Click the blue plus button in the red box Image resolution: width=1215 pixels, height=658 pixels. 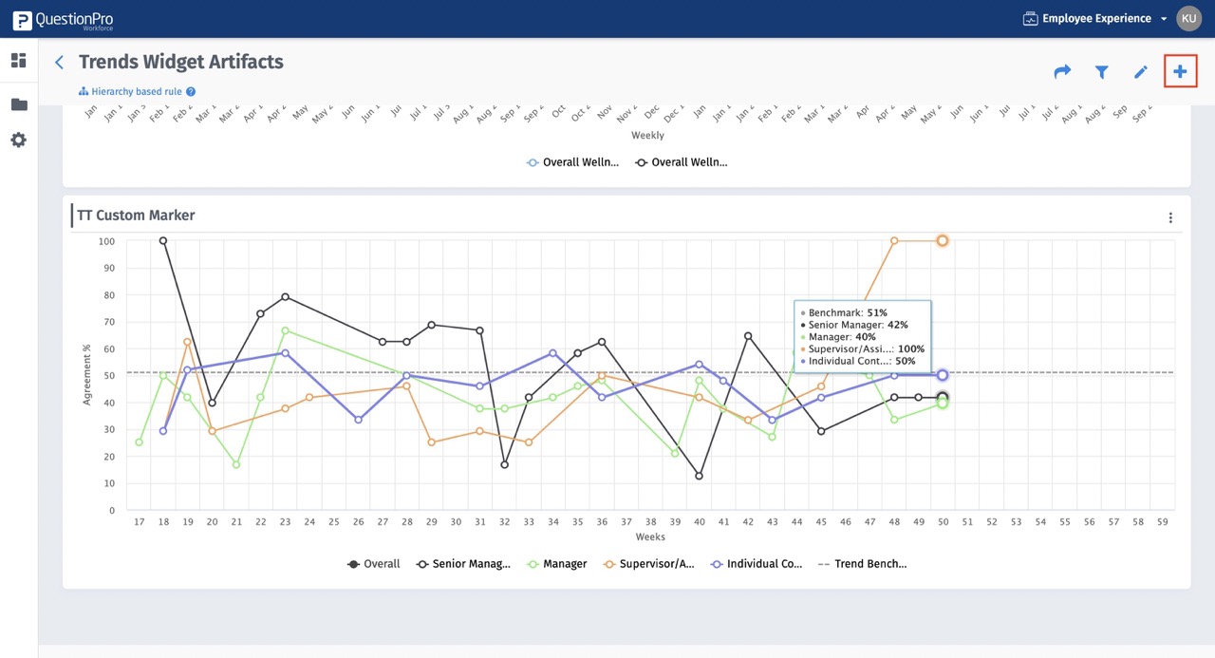(1180, 71)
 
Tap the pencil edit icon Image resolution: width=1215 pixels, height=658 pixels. (1141, 72)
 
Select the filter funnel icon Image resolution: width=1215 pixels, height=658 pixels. (1101, 72)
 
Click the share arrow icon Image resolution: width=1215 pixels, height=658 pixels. (1062, 72)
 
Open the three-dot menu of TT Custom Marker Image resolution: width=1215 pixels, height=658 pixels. (1170, 217)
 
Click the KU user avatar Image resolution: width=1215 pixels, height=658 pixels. (1188, 18)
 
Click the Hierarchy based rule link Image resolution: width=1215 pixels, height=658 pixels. (137, 92)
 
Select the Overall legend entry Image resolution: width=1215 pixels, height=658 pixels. (373, 564)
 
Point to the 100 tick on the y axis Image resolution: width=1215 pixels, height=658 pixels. (106, 241)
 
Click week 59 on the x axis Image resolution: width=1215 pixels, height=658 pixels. (1161, 521)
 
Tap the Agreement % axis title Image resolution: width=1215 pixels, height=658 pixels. (86, 375)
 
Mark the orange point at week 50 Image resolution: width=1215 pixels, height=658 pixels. (943, 241)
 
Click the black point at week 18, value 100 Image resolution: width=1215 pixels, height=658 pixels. (163, 241)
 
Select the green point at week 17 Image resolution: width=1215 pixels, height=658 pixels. (140, 442)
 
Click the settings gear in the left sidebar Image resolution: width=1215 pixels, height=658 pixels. (18, 140)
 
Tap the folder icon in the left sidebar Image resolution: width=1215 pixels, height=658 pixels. (18, 104)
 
